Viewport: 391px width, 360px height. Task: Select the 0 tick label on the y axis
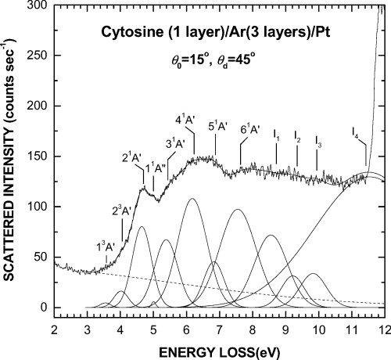click(45, 308)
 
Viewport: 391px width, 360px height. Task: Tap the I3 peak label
click(317, 141)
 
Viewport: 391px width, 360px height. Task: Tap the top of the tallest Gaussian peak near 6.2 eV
click(192, 199)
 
